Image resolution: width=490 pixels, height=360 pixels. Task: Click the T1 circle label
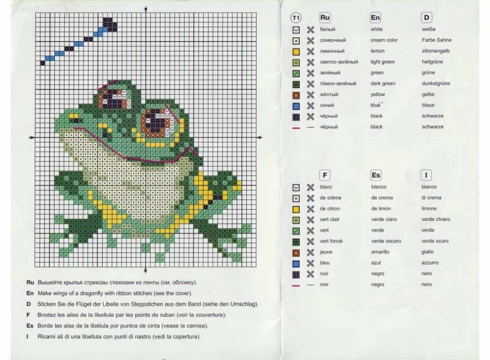295,18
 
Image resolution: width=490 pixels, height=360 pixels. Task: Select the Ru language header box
325,18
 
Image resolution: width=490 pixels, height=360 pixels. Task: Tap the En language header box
375,18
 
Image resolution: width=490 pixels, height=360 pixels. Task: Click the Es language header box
376,175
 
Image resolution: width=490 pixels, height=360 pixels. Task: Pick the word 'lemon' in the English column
378,51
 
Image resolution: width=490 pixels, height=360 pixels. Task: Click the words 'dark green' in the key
383,84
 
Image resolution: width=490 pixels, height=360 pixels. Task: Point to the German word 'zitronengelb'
436,51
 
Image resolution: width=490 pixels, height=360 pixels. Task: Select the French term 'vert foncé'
331,241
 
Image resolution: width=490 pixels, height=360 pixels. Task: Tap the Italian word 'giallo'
427,252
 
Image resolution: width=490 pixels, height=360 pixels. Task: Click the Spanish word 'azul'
376,263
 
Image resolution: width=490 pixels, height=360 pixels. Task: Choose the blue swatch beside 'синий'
296,106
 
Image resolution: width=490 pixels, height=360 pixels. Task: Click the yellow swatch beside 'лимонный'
296,52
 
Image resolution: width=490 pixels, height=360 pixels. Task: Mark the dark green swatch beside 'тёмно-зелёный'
296,84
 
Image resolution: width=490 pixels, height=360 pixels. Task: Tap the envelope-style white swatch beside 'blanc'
296,188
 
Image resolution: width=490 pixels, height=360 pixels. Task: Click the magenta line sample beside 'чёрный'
295,128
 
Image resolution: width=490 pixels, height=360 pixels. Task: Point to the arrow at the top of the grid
146,9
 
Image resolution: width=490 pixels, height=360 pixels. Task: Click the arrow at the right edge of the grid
259,137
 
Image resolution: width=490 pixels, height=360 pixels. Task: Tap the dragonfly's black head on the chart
110,25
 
